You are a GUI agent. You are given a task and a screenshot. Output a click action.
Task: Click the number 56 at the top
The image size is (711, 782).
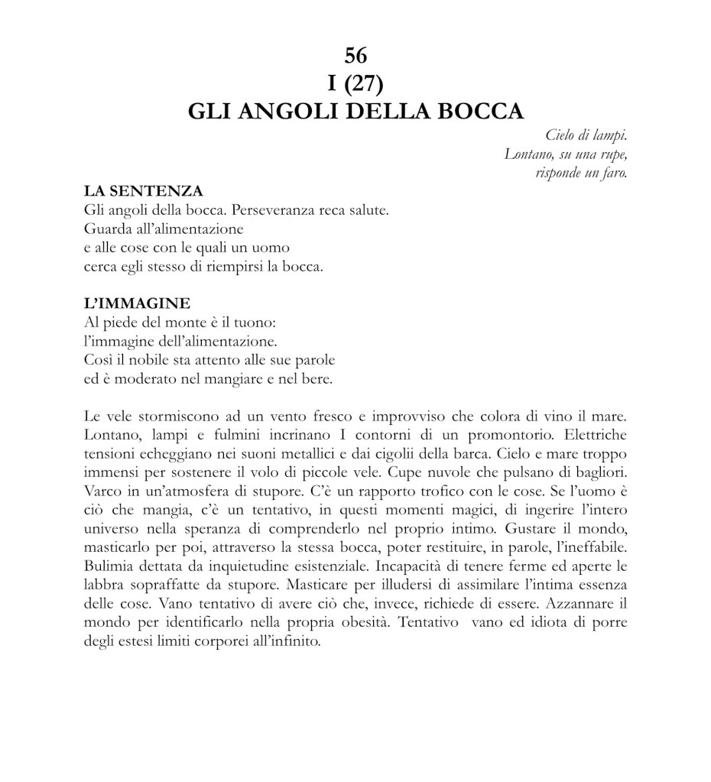pyautogui.click(x=355, y=55)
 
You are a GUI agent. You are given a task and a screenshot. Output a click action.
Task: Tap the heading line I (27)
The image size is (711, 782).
pyautogui.click(x=355, y=83)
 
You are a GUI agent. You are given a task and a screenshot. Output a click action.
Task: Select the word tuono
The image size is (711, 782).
pyautogui.click(x=245, y=322)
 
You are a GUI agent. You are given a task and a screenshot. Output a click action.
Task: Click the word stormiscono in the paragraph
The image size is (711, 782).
pyautogui.click(x=168, y=416)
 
